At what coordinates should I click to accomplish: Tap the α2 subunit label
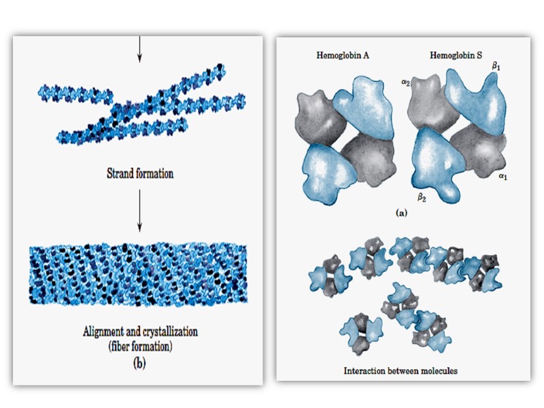pyautogui.click(x=405, y=83)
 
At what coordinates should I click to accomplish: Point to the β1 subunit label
pyautogui.click(x=495, y=67)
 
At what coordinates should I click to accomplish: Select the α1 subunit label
pyautogui.click(x=503, y=176)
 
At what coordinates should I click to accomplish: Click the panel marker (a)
pyautogui.click(x=402, y=213)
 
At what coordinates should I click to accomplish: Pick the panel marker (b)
pyautogui.click(x=139, y=362)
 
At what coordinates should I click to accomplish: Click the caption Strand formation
pyautogui.click(x=139, y=173)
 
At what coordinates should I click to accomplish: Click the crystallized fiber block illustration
pyautogui.click(x=139, y=275)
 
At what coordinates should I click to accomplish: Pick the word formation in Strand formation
pyautogui.click(x=154, y=173)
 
